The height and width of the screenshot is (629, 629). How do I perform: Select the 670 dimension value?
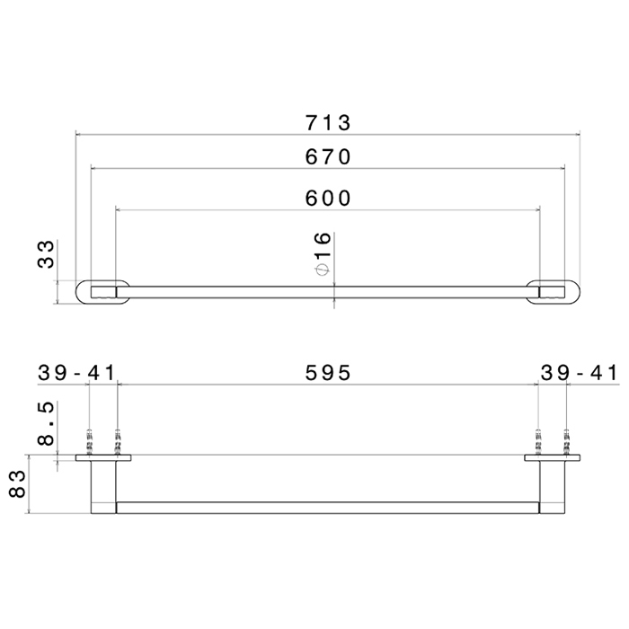pos(326,156)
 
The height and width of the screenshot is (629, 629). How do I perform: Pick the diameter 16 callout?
pos(323,253)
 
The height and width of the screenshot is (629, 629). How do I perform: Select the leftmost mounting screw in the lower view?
pos(90,443)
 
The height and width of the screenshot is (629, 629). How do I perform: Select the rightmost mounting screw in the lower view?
pos(566,443)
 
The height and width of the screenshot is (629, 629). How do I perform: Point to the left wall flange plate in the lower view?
pos(103,458)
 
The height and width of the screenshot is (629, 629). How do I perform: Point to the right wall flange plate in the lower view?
pos(553,458)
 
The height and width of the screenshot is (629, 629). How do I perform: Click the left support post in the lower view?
pos(102,485)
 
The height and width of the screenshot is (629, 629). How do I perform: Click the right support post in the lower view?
pos(553,485)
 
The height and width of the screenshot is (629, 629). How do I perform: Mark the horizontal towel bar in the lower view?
pos(326,508)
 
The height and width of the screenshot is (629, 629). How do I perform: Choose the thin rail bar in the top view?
pos(326,291)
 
